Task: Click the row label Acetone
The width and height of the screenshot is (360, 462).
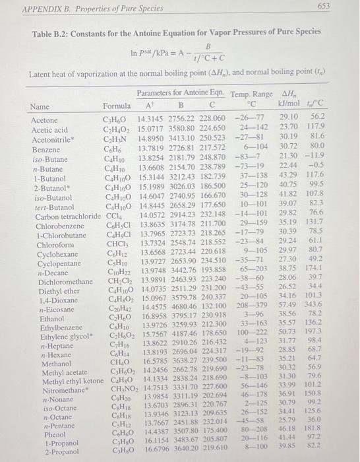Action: pyautogui.click(x=44, y=121)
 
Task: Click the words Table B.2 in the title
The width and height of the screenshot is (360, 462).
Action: pyautogui.click(x=49, y=32)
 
